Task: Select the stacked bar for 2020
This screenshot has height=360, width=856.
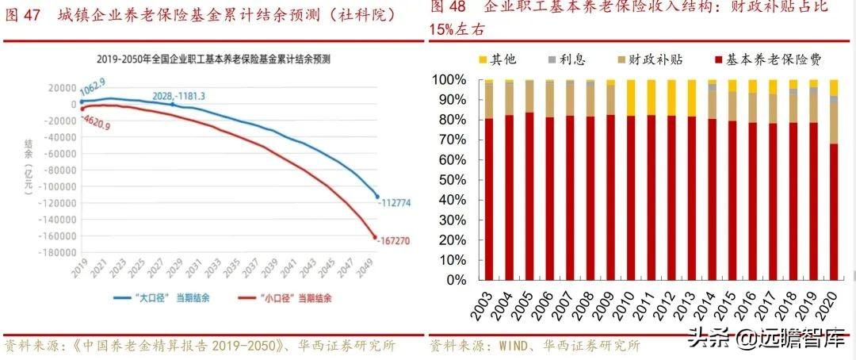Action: click(x=832, y=180)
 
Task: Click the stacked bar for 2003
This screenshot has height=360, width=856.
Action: click(x=488, y=180)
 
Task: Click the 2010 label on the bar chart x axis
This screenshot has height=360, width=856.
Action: click(x=630, y=301)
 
